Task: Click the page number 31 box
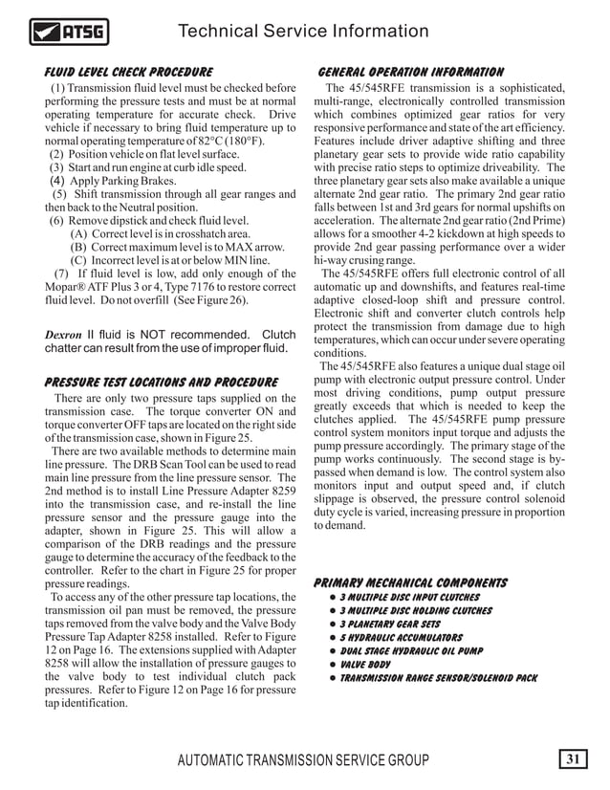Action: coord(573,760)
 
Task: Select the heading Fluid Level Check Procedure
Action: coord(129,73)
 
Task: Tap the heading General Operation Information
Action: coord(410,73)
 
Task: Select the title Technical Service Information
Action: coord(303,32)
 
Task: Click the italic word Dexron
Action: coord(65,336)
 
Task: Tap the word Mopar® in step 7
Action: coord(67,286)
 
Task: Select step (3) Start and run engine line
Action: coord(142,166)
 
